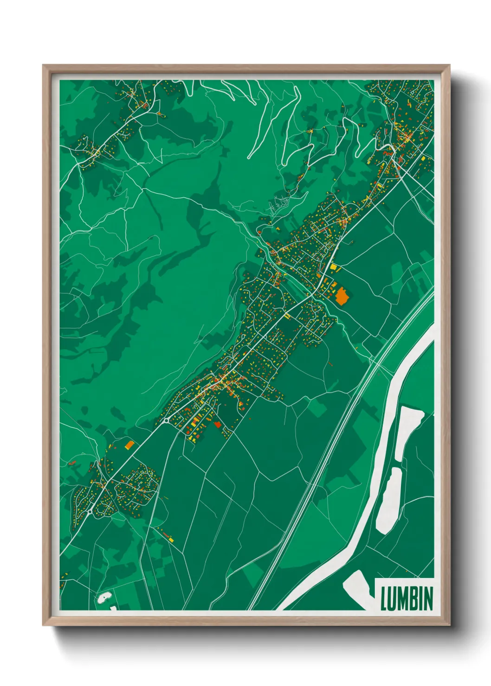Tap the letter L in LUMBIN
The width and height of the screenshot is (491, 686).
pos(384,598)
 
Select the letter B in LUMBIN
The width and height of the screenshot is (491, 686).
pos(412,598)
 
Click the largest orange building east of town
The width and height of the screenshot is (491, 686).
pos(342,295)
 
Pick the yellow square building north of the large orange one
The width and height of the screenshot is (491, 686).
pos(333,267)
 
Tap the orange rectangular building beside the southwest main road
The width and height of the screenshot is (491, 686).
pos(129,445)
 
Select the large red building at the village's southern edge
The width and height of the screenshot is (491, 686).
pos(217,424)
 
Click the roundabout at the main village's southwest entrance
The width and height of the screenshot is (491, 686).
pos(166,421)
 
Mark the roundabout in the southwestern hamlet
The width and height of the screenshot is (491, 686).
pos(89,513)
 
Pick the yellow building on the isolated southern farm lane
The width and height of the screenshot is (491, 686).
pos(171,540)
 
